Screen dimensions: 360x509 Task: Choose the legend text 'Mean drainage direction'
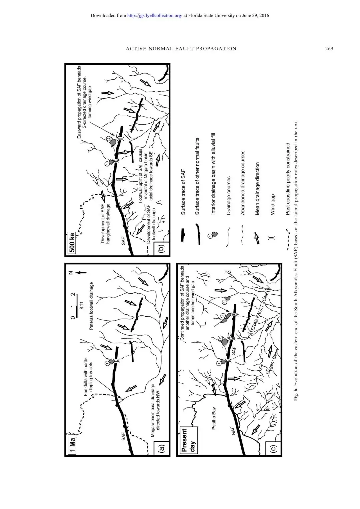[x=257, y=188]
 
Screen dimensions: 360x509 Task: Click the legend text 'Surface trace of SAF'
[x=183, y=192]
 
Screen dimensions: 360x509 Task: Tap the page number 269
[x=329, y=48]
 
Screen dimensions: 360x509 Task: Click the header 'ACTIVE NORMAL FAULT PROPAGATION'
[x=181, y=48]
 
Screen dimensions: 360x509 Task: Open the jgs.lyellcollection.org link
[x=155, y=15]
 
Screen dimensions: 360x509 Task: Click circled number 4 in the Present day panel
[x=225, y=302]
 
